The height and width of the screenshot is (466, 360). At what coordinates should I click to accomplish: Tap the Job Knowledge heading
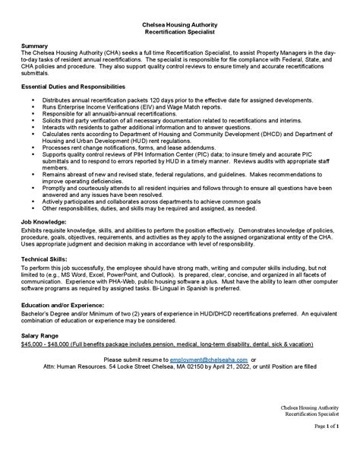click(45, 222)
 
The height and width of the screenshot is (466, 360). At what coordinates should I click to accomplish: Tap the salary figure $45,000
click(34, 343)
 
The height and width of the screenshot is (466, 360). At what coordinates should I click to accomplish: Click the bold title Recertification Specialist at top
click(179, 33)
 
